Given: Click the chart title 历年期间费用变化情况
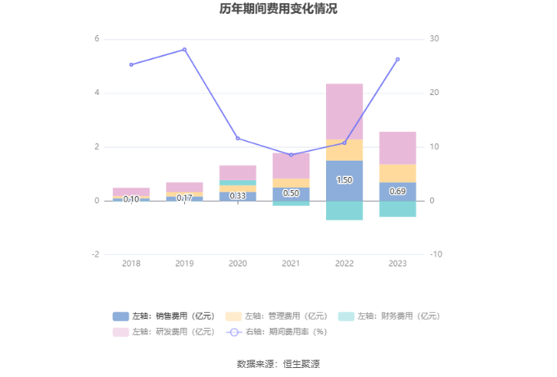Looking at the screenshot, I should pyautogui.click(x=278, y=10).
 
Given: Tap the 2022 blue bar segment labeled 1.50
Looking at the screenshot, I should pyautogui.click(x=344, y=180).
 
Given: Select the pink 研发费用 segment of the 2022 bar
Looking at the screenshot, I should pyautogui.click(x=344, y=111).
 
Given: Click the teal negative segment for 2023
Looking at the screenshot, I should pyautogui.click(x=397, y=209).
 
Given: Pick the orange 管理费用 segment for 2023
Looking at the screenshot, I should pyautogui.click(x=397, y=173).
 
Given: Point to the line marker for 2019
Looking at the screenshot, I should pyautogui.click(x=184, y=49).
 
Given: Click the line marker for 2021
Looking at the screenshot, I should pyautogui.click(x=291, y=155).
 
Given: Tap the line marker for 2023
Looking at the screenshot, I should pyautogui.click(x=397, y=59).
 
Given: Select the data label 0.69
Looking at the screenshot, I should pyautogui.click(x=397, y=192).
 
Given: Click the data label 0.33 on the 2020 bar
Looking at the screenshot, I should pyautogui.click(x=238, y=196).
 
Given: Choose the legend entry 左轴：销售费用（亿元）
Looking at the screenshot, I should pyautogui.click(x=164, y=316).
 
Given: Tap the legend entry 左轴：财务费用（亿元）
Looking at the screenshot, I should pyautogui.click(x=388, y=316).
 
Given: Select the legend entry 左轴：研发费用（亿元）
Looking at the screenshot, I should pyautogui.click(x=164, y=331).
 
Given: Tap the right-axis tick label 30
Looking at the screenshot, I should pyautogui.click(x=435, y=39).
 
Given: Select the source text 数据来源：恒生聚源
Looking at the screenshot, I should pyautogui.click(x=278, y=363).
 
